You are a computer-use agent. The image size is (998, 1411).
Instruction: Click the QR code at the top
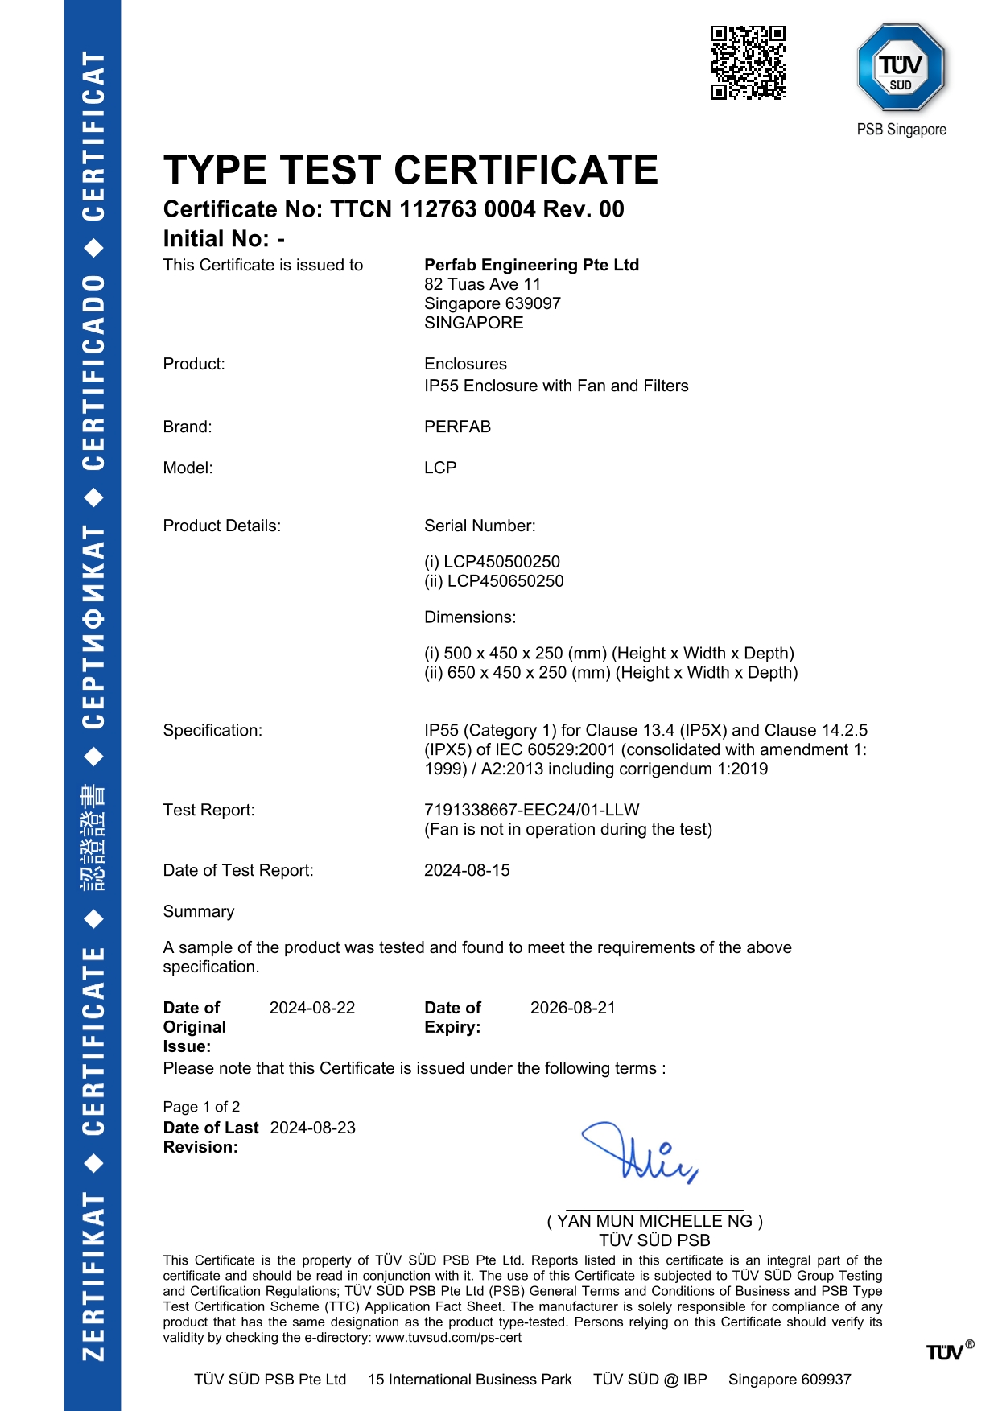(748, 63)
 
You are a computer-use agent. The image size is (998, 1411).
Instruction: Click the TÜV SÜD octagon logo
(901, 68)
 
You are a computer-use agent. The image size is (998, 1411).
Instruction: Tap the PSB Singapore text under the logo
(901, 130)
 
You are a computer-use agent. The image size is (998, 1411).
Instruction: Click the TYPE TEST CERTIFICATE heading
(410, 171)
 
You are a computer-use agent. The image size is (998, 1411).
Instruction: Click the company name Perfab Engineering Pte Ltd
(531, 265)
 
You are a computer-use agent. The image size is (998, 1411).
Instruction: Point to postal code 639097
(533, 303)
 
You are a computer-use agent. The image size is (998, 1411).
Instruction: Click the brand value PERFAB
(457, 427)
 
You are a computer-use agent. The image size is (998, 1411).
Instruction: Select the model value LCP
(440, 468)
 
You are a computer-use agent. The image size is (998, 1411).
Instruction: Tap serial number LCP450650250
(505, 581)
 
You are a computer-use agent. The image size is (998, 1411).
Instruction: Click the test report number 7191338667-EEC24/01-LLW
(531, 810)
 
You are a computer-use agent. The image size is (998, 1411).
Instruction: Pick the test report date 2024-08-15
(467, 870)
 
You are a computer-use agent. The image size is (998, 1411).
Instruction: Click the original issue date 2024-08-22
(312, 1008)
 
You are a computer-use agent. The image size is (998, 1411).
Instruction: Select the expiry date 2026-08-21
(573, 1008)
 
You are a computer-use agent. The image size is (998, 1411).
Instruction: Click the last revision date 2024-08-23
(313, 1128)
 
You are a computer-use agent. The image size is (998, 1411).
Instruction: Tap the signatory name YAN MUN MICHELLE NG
(654, 1221)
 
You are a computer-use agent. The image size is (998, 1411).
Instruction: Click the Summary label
(199, 911)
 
